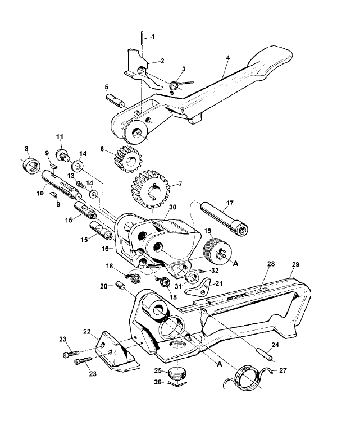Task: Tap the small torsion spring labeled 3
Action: point(175,85)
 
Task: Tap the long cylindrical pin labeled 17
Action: point(225,217)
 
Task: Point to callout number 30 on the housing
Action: point(173,207)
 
